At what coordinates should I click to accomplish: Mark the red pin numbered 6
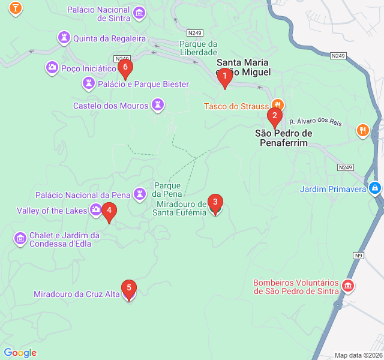tap(125, 68)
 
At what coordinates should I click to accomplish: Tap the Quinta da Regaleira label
tap(109, 38)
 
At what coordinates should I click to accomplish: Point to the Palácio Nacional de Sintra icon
tap(139, 12)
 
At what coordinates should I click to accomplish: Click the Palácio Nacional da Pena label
tap(83, 195)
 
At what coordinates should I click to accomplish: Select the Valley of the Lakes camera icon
tap(95, 209)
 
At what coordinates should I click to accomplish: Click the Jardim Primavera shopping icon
tap(374, 188)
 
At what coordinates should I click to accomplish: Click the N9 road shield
tap(358, 256)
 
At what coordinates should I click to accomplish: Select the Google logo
tap(20, 353)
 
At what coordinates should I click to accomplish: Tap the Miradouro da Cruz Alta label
tap(77, 294)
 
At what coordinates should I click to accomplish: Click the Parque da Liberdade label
tap(198, 47)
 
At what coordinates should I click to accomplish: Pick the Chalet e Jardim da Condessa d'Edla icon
tap(20, 239)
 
